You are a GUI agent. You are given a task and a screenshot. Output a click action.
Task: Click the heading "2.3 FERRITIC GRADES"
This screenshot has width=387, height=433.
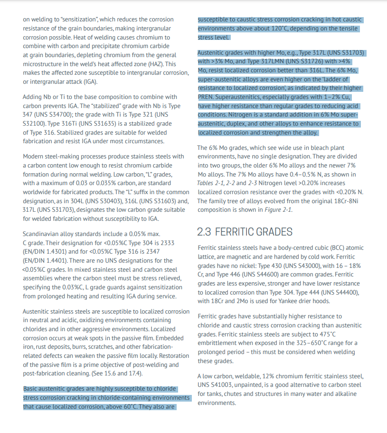(245, 232)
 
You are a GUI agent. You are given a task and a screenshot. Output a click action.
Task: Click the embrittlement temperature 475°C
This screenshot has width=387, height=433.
(325, 334)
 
